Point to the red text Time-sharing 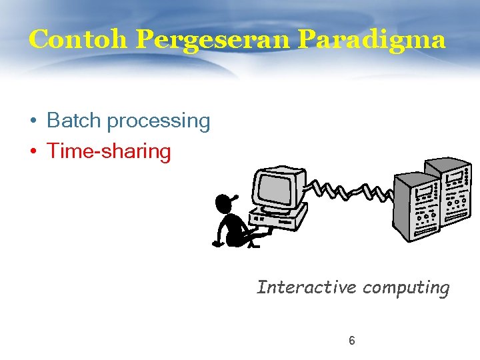(109, 151)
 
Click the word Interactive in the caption (307, 287)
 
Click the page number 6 (352, 341)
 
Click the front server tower (418, 207)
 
